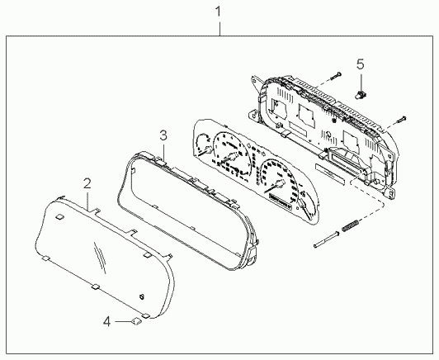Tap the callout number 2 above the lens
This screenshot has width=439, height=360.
(87, 184)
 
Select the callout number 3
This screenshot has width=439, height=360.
(163, 135)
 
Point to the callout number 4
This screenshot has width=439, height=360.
(106, 322)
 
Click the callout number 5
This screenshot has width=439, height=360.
(361, 64)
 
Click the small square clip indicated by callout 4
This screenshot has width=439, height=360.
(136, 321)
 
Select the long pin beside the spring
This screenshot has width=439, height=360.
(327, 239)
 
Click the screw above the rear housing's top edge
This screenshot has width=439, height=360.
(336, 76)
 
